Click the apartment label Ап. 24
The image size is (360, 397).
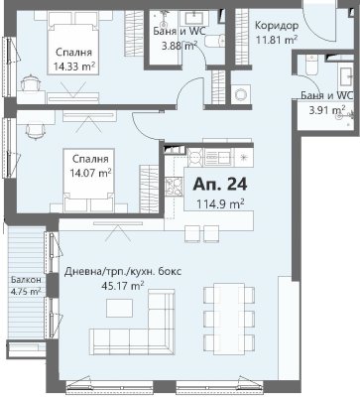tap(220, 185)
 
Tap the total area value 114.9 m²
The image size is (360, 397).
tap(220, 203)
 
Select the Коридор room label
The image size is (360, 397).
tap(277, 26)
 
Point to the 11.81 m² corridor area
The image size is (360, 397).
tap(277, 40)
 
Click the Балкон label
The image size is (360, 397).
tap(26, 280)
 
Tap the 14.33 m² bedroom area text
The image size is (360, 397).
tap(74, 66)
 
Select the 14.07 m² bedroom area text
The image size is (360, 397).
tap(90, 173)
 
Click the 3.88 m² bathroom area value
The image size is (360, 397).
tap(180, 46)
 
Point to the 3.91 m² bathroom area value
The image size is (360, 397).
tap(327, 109)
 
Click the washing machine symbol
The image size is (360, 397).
tap(241, 94)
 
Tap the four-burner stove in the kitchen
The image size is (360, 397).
tap(175, 187)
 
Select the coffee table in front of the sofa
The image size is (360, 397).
tap(119, 308)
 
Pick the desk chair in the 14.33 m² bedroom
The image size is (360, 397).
tap(31, 83)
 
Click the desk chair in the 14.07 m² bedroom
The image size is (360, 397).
tap(35, 131)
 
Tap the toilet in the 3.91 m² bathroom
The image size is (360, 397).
tap(311, 66)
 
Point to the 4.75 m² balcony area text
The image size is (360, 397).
tap(26, 292)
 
